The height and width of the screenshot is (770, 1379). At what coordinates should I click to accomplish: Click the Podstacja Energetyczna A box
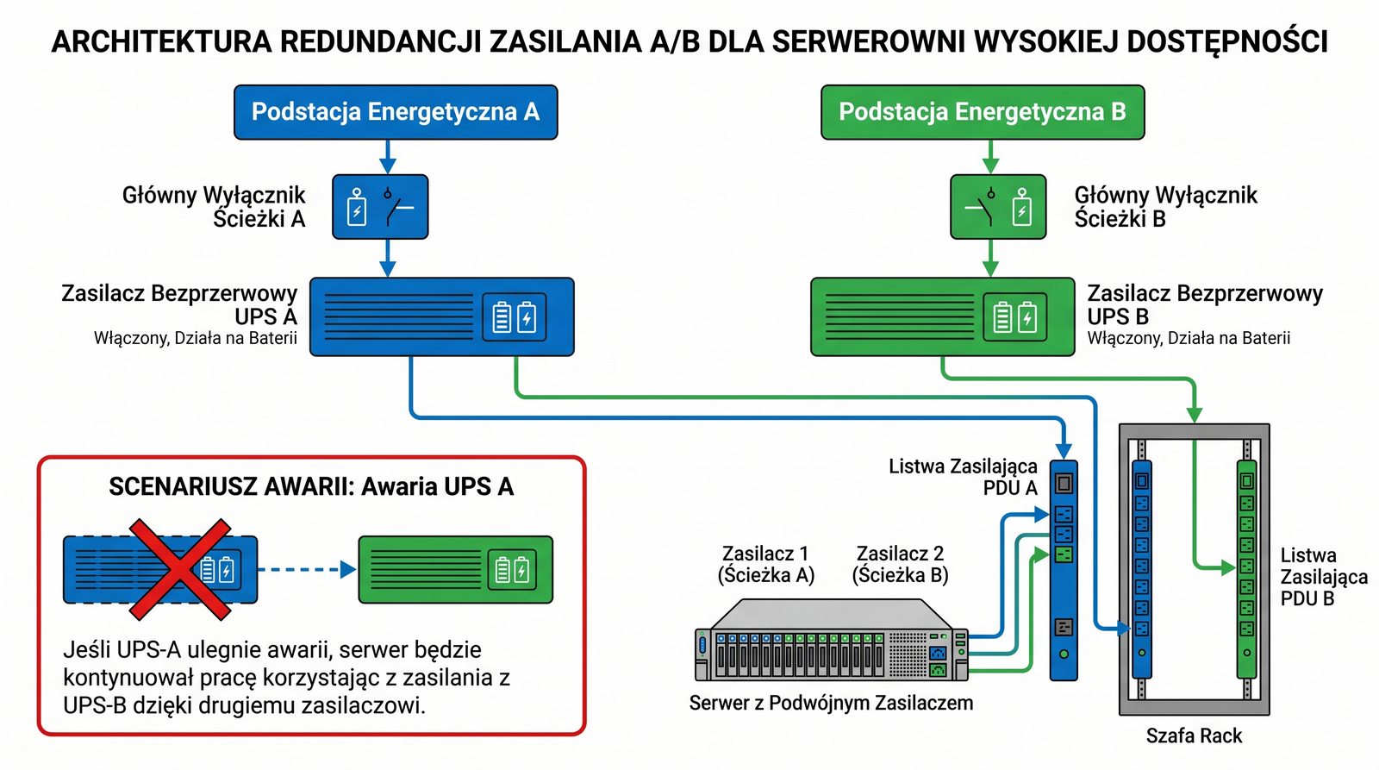pyautogui.click(x=396, y=112)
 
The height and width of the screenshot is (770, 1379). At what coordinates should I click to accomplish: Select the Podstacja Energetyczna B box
pyautogui.click(x=983, y=112)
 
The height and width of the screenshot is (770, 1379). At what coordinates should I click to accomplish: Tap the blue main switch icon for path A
pyautogui.click(x=380, y=207)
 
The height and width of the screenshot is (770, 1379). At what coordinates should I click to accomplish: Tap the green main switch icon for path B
pyautogui.click(x=998, y=207)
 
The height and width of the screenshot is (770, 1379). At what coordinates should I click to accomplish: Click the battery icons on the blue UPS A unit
pyautogui.click(x=514, y=317)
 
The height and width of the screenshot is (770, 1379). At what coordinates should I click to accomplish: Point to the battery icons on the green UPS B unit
pyautogui.click(x=1015, y=317)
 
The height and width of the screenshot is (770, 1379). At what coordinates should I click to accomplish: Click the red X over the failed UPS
pyautogui.click(x=180, y=569)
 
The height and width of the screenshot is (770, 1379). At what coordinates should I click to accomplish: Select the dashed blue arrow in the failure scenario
pyautogui.click(x=307, y=569)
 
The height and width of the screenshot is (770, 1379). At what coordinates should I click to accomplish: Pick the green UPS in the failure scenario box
pyautogui.click(x=455, y=569)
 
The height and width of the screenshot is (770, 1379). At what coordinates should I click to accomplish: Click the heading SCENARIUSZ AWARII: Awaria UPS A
pyautogui.click(x=311, y=487)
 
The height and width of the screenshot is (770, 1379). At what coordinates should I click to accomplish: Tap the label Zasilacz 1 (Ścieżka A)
pyautogui.click(x=765, y=564)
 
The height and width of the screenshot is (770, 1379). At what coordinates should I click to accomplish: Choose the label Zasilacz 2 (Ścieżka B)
pyautogui.click(x=900, y=564)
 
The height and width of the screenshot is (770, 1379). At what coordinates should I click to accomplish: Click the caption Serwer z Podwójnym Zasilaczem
pyautogui.click(x=831, y=704)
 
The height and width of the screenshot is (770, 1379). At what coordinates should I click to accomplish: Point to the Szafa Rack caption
pyautogui.click(x=1194, y=736)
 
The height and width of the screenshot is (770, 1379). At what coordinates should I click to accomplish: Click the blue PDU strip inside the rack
pyautogui.click(x=1142, y=569)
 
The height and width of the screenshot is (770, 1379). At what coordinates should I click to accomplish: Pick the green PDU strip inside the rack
pyautogui.click(x=1246, y=569)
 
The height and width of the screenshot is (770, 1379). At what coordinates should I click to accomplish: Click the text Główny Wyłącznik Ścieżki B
pyautogui.click(x=1165, y=207)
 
